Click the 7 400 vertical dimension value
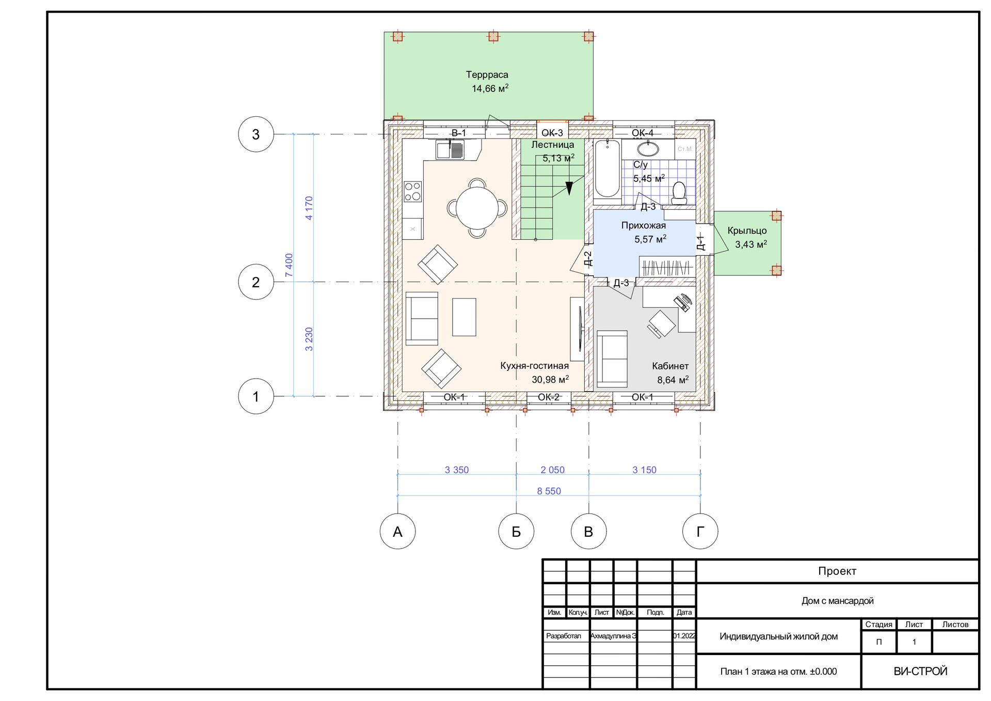pyautogui.click(x=289, y=265)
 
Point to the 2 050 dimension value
pyautogui.click(x=552, y=470)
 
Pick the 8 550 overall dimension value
pyautogui.click(x=549, y=491)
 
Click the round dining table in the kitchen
pyautogui.click(x=477, y=208)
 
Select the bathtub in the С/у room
pyautogui.click(x=608, y=169)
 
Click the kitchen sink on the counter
pyautogui.click(x=450, y=150)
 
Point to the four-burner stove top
pyautogui.click(x=413, y=191)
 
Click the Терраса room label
pyautogui.click(x=487, y=75)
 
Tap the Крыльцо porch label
pyautogui.click(x=747, y=231)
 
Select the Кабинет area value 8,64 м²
pyautogui.click(x=673, y=380)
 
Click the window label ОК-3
pyautogui.click(x=552, y=133)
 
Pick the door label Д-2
pyautogui.click(x=588, y=258)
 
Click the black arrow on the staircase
pyautogui.click(x=569, y=188)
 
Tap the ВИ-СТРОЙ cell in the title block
pyautogui.click(x=920, y=671)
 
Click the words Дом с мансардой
pyautogui.click(x=837, y=601)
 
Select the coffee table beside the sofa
pyautogui.click(x=464, y=317)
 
